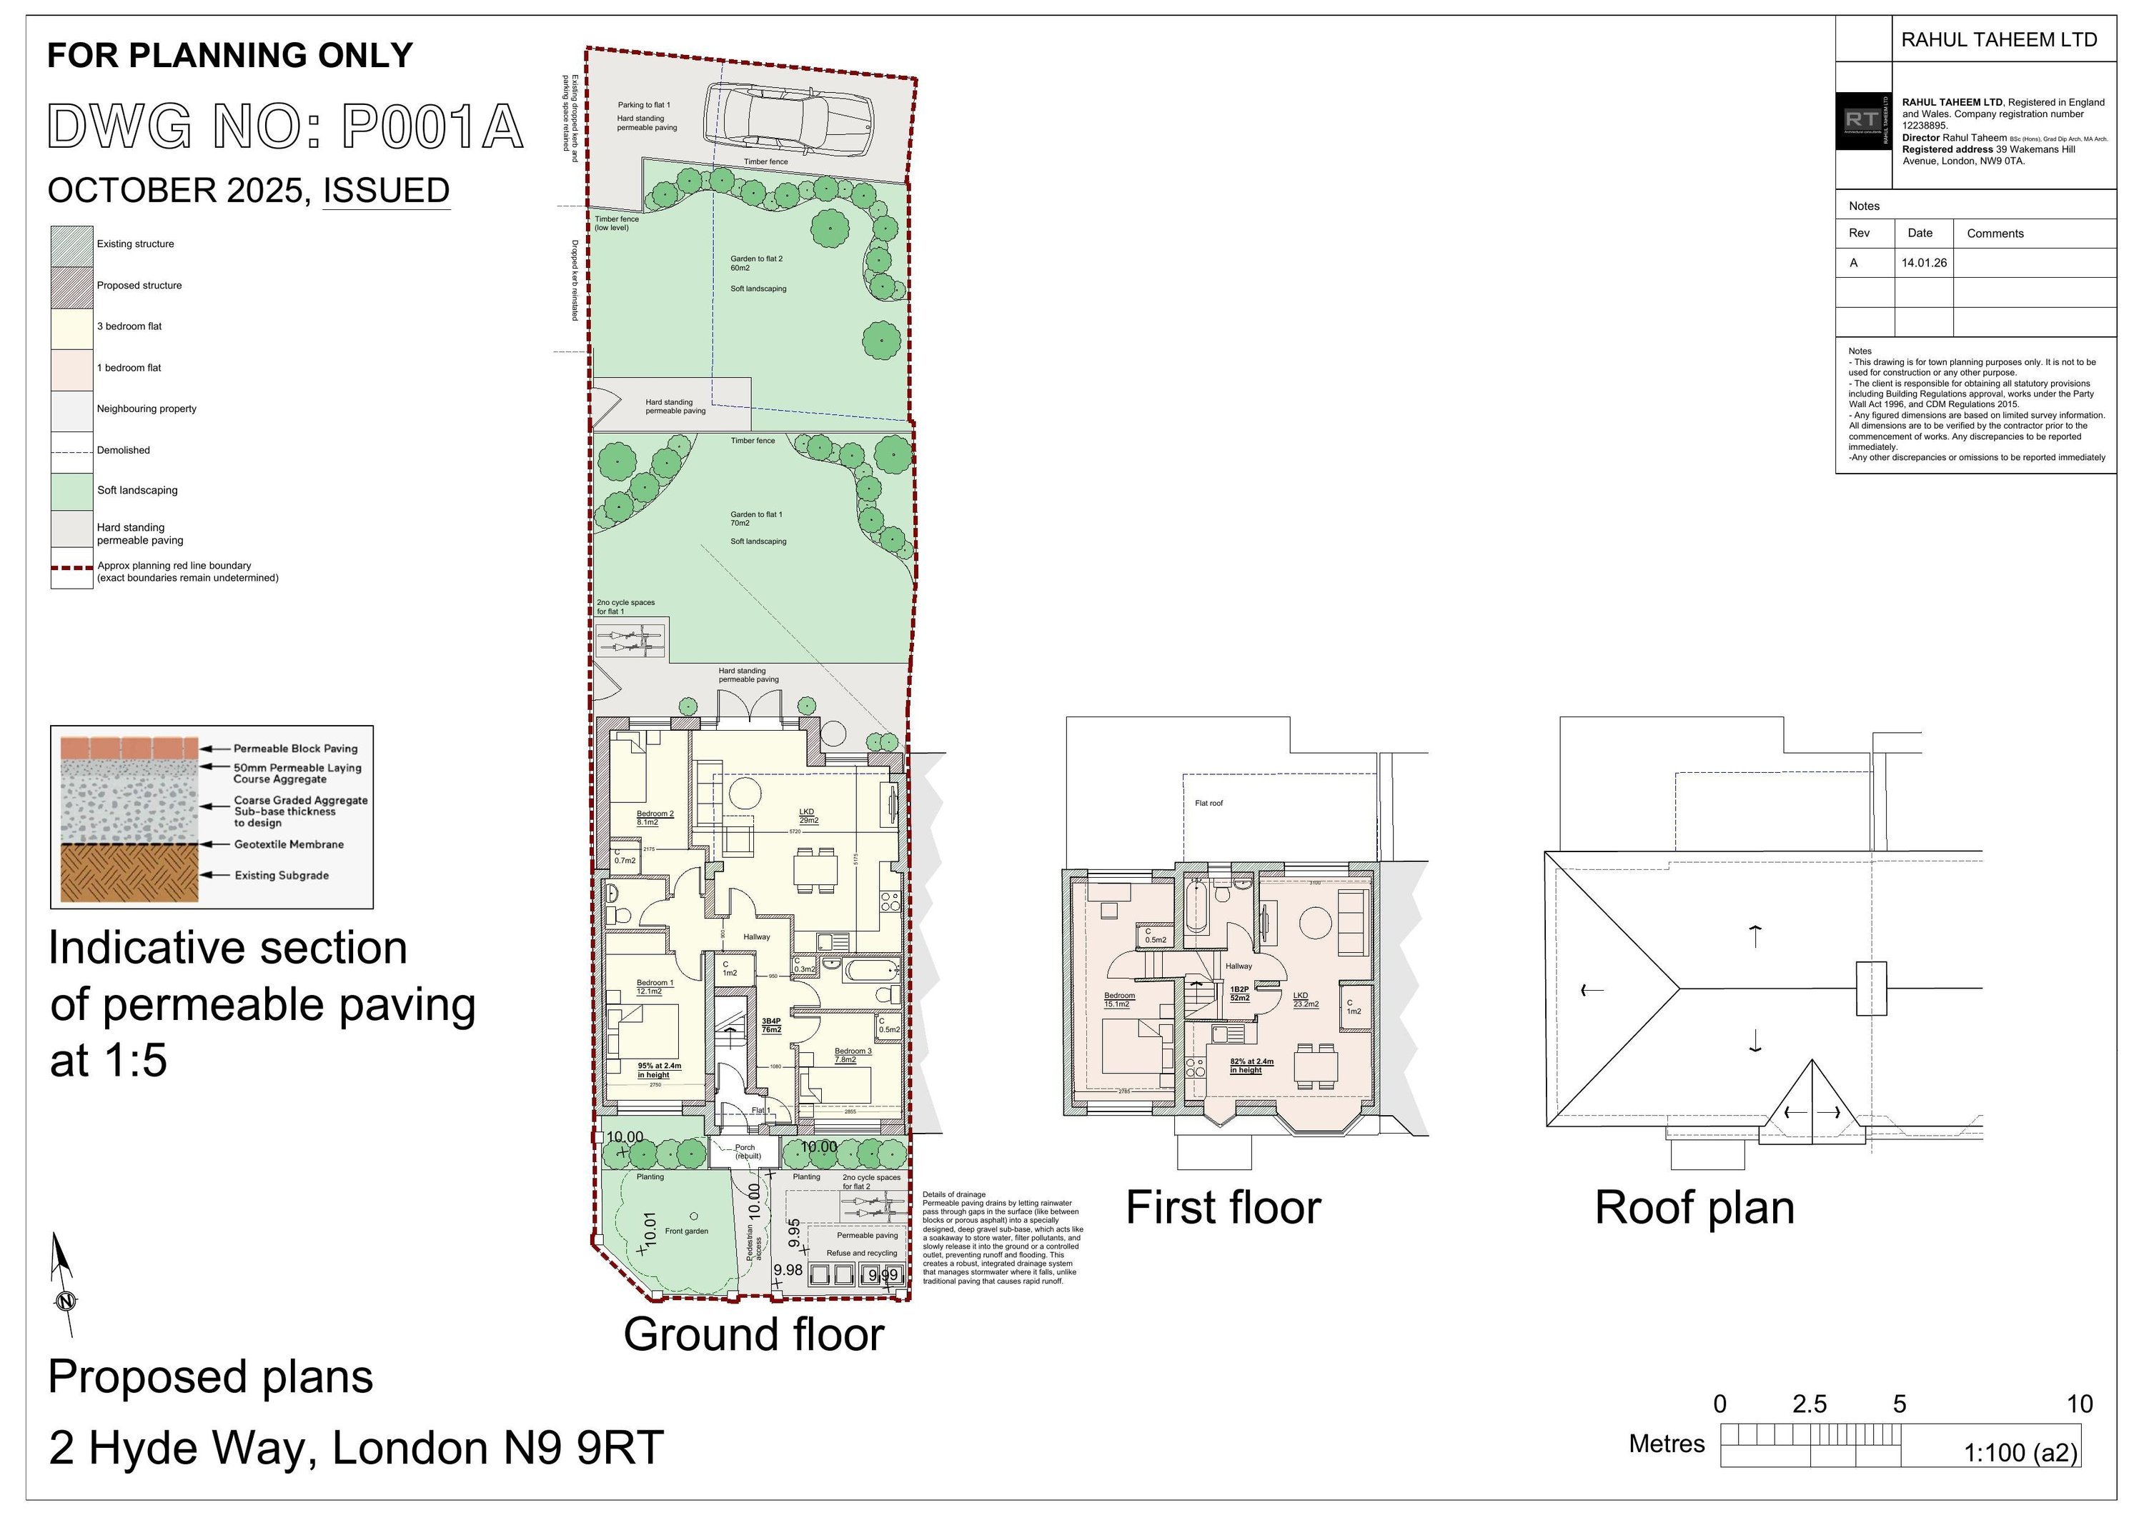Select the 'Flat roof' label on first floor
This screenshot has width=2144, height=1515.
tap(1209, 803)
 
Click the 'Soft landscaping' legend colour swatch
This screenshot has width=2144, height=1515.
tap(72, 491)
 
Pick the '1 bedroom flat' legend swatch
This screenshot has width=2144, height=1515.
tap(72, 368)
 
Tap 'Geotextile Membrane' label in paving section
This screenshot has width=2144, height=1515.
tap(289, 844)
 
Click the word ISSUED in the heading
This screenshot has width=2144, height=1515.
tap(386, 191)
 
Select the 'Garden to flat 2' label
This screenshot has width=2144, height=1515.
tap(756, 264)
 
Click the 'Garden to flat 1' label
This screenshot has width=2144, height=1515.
tap(756, 518)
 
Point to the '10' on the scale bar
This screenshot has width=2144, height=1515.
tap(2080, 1404)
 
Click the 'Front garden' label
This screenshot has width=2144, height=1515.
tap(686, 1231)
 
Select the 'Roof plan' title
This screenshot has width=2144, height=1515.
tap(1694, 1208)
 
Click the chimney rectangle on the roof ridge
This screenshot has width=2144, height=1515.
tap(1870, 989)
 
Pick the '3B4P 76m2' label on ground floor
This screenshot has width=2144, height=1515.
tap(771, 1025)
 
